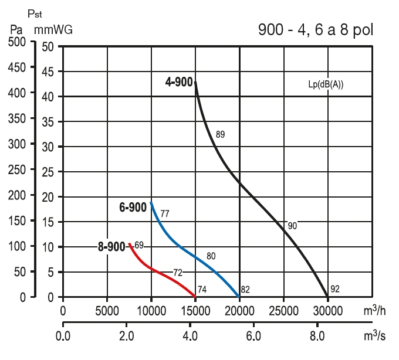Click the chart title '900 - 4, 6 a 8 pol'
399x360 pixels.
tap(316, 29)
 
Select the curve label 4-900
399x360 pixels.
tap(179, 82)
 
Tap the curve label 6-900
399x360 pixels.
tap(133, 208)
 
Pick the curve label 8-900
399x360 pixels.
tap(111, 247)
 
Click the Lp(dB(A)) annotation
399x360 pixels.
tap(326, 84)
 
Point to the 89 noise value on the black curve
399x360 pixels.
tap(220, 134)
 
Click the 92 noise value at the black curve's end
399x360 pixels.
tap(335, 288)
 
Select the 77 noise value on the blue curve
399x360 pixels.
tap(165, 213)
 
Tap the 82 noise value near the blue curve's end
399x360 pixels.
tap(245, 289)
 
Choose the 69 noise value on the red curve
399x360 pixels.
tap(139, 244)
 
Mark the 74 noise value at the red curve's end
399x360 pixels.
tap(202, 289)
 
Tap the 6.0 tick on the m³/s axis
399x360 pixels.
tap(253, 338)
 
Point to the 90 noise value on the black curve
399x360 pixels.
tap(292, 226)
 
